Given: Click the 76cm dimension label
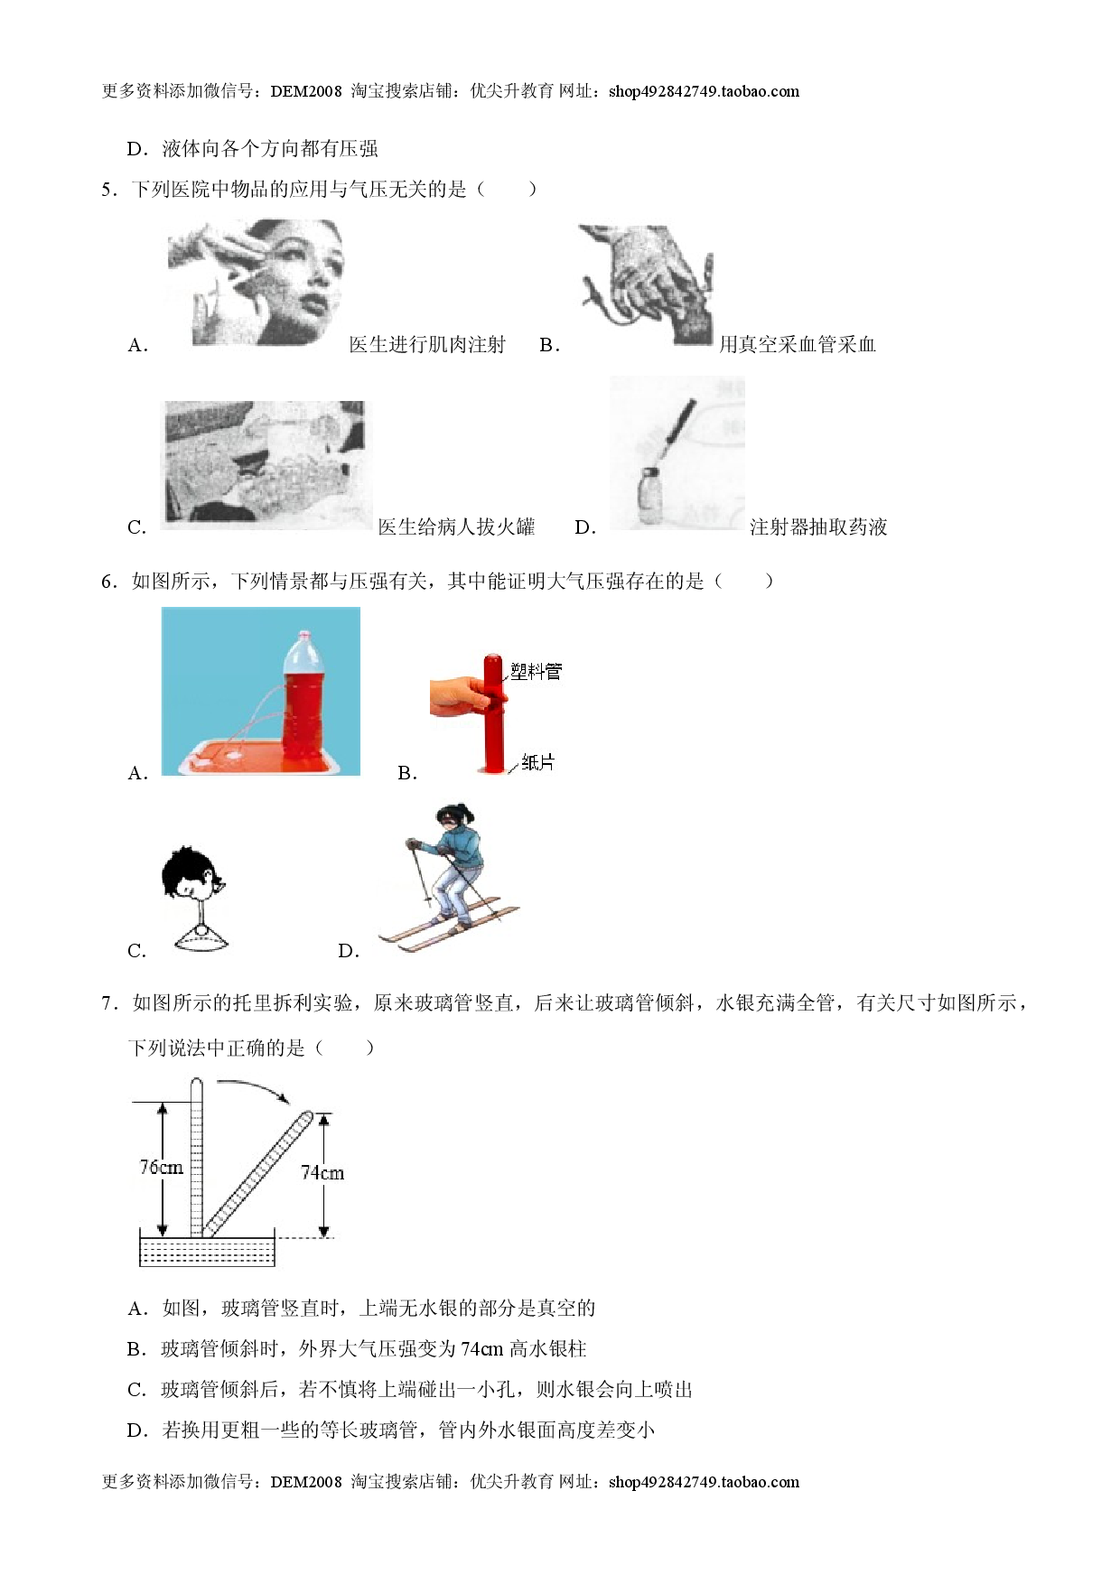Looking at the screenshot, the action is coord(161,1168).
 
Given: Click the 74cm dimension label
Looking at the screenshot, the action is coord(322,1173).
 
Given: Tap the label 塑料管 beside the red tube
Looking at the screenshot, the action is coord(536,671).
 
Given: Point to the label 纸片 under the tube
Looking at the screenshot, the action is coord(537,763).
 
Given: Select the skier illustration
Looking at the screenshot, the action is coord(449,877).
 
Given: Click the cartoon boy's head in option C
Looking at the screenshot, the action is coord(191,874).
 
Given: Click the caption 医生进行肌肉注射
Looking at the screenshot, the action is coord(427,345).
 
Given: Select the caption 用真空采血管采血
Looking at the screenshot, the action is coord(798,345).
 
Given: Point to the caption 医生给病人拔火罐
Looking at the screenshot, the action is coord(456,527).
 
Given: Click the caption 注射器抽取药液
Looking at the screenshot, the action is coord(818,527).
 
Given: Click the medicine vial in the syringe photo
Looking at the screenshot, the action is coord(652,495).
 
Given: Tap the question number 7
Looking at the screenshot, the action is coord(109,1003).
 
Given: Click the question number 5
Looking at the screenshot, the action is coord(109,190).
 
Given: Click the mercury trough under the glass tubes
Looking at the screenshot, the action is coord(207,1249).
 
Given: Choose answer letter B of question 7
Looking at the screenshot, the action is coord(136,1349).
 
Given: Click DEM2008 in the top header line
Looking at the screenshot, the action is coord(306,91).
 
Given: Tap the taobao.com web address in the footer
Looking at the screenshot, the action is coord(705,1482).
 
